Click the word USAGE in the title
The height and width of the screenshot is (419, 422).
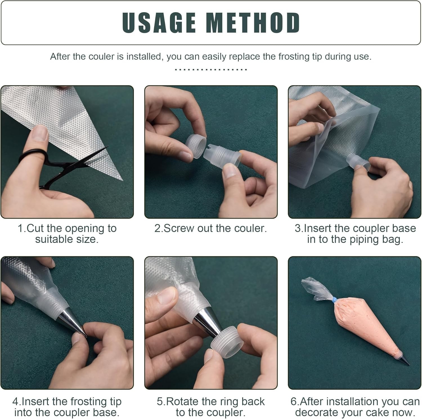coord(159,23)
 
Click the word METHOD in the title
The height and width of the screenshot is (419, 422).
coord(253,23)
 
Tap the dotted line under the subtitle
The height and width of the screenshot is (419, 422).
coord(211,69)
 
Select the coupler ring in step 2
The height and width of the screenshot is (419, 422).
coord(196,146)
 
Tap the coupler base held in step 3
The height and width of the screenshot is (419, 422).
coord(357,163)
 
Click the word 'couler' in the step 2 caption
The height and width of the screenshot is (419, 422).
coord(250,228)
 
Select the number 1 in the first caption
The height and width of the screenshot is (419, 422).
coord(20,228)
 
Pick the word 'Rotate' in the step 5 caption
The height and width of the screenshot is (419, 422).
coord(183,401)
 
